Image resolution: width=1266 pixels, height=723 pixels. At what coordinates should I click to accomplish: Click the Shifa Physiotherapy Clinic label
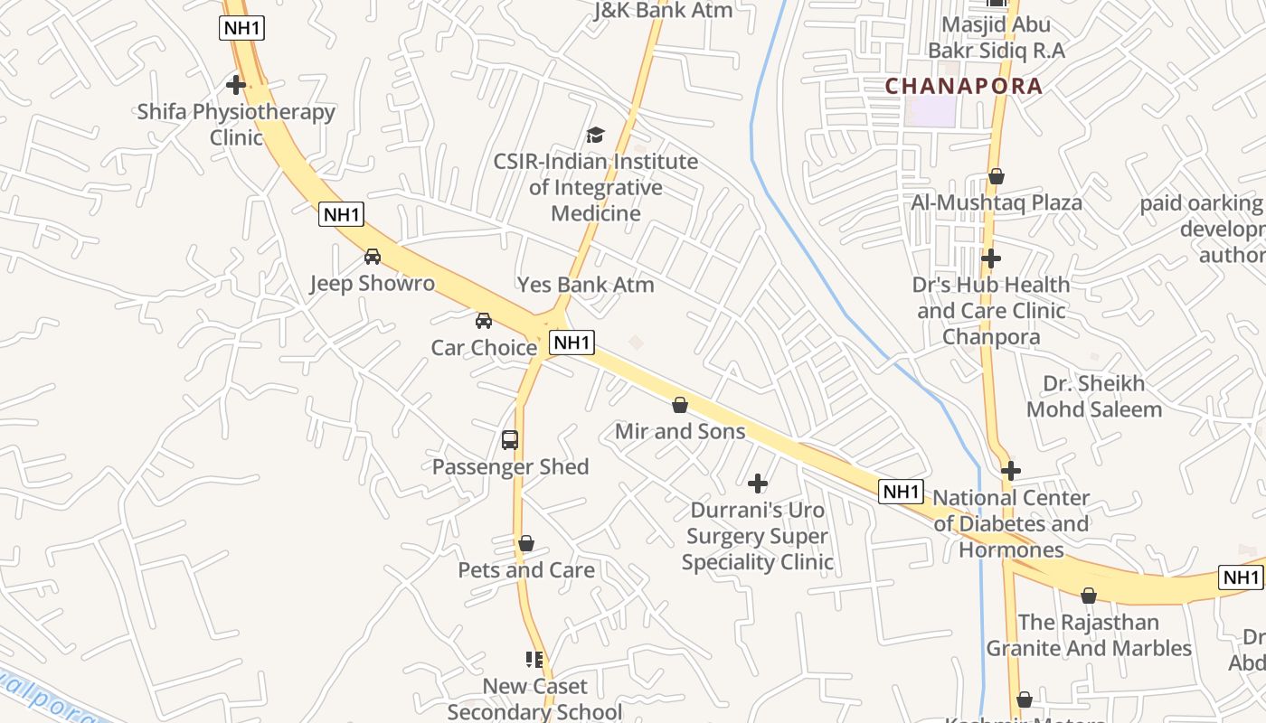[236, 125]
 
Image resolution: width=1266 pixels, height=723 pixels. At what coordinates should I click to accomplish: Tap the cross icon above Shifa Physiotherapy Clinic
[236, 85]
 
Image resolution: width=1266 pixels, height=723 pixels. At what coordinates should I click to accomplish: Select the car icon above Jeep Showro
[373, 257]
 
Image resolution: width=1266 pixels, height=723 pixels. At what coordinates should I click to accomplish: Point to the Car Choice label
[484, 348]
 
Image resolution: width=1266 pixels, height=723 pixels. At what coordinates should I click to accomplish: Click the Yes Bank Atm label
[585, 285]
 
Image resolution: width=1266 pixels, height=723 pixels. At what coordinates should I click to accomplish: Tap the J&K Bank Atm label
[663, 11]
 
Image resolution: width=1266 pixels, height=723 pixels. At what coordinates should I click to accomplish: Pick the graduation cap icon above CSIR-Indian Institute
[595, 136]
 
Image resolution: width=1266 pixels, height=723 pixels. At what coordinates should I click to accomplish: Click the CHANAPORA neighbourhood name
[964, 87]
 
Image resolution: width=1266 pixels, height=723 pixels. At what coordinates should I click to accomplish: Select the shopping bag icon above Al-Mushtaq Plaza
[996, 176]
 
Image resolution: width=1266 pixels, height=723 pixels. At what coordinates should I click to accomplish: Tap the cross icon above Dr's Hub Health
[991, 258]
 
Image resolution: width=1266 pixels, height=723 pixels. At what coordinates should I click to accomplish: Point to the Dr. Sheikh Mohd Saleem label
[1093, 397]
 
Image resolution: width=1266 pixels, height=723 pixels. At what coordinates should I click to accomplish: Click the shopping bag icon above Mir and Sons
[680, 405]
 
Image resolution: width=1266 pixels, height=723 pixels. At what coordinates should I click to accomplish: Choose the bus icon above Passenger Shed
[510, 440]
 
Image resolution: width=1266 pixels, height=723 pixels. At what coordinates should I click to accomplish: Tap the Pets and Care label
[526, 570]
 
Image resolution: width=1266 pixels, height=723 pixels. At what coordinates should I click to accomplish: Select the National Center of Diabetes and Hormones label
[1011, 524]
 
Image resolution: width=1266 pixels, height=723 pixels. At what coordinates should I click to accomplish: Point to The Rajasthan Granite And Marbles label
[1089, 635]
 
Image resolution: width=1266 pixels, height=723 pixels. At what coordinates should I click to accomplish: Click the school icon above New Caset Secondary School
[534, 660]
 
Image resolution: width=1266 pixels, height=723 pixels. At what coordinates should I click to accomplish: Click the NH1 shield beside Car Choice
[572, 343]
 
